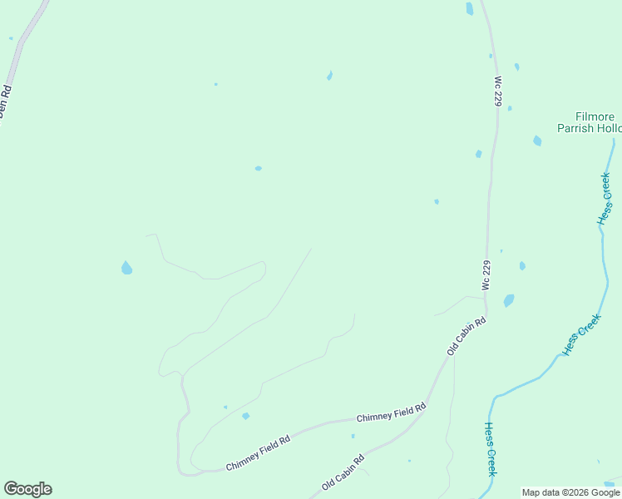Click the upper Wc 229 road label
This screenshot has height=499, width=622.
pos(498,92)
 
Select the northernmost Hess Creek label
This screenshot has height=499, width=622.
pos(605,198)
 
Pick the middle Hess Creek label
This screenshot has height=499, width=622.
pos(581,335)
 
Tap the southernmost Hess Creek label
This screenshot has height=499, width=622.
pos(491,448)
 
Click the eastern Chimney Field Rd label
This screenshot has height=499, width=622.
pos(391,412)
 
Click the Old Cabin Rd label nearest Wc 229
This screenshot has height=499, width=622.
pos(466,336)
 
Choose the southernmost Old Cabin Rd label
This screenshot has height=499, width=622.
pos(343,472)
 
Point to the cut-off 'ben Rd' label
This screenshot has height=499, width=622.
pos(5,101)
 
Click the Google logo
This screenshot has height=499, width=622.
pos(27,489)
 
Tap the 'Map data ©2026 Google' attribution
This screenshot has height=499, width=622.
pos(570,492)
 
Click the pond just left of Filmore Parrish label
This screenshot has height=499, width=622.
pos(537,141)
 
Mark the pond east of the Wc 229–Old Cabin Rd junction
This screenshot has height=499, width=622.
pos(508,300)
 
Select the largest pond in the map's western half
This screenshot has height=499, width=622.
pos(126,268)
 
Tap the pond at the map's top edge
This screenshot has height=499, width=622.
pos(470,8)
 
